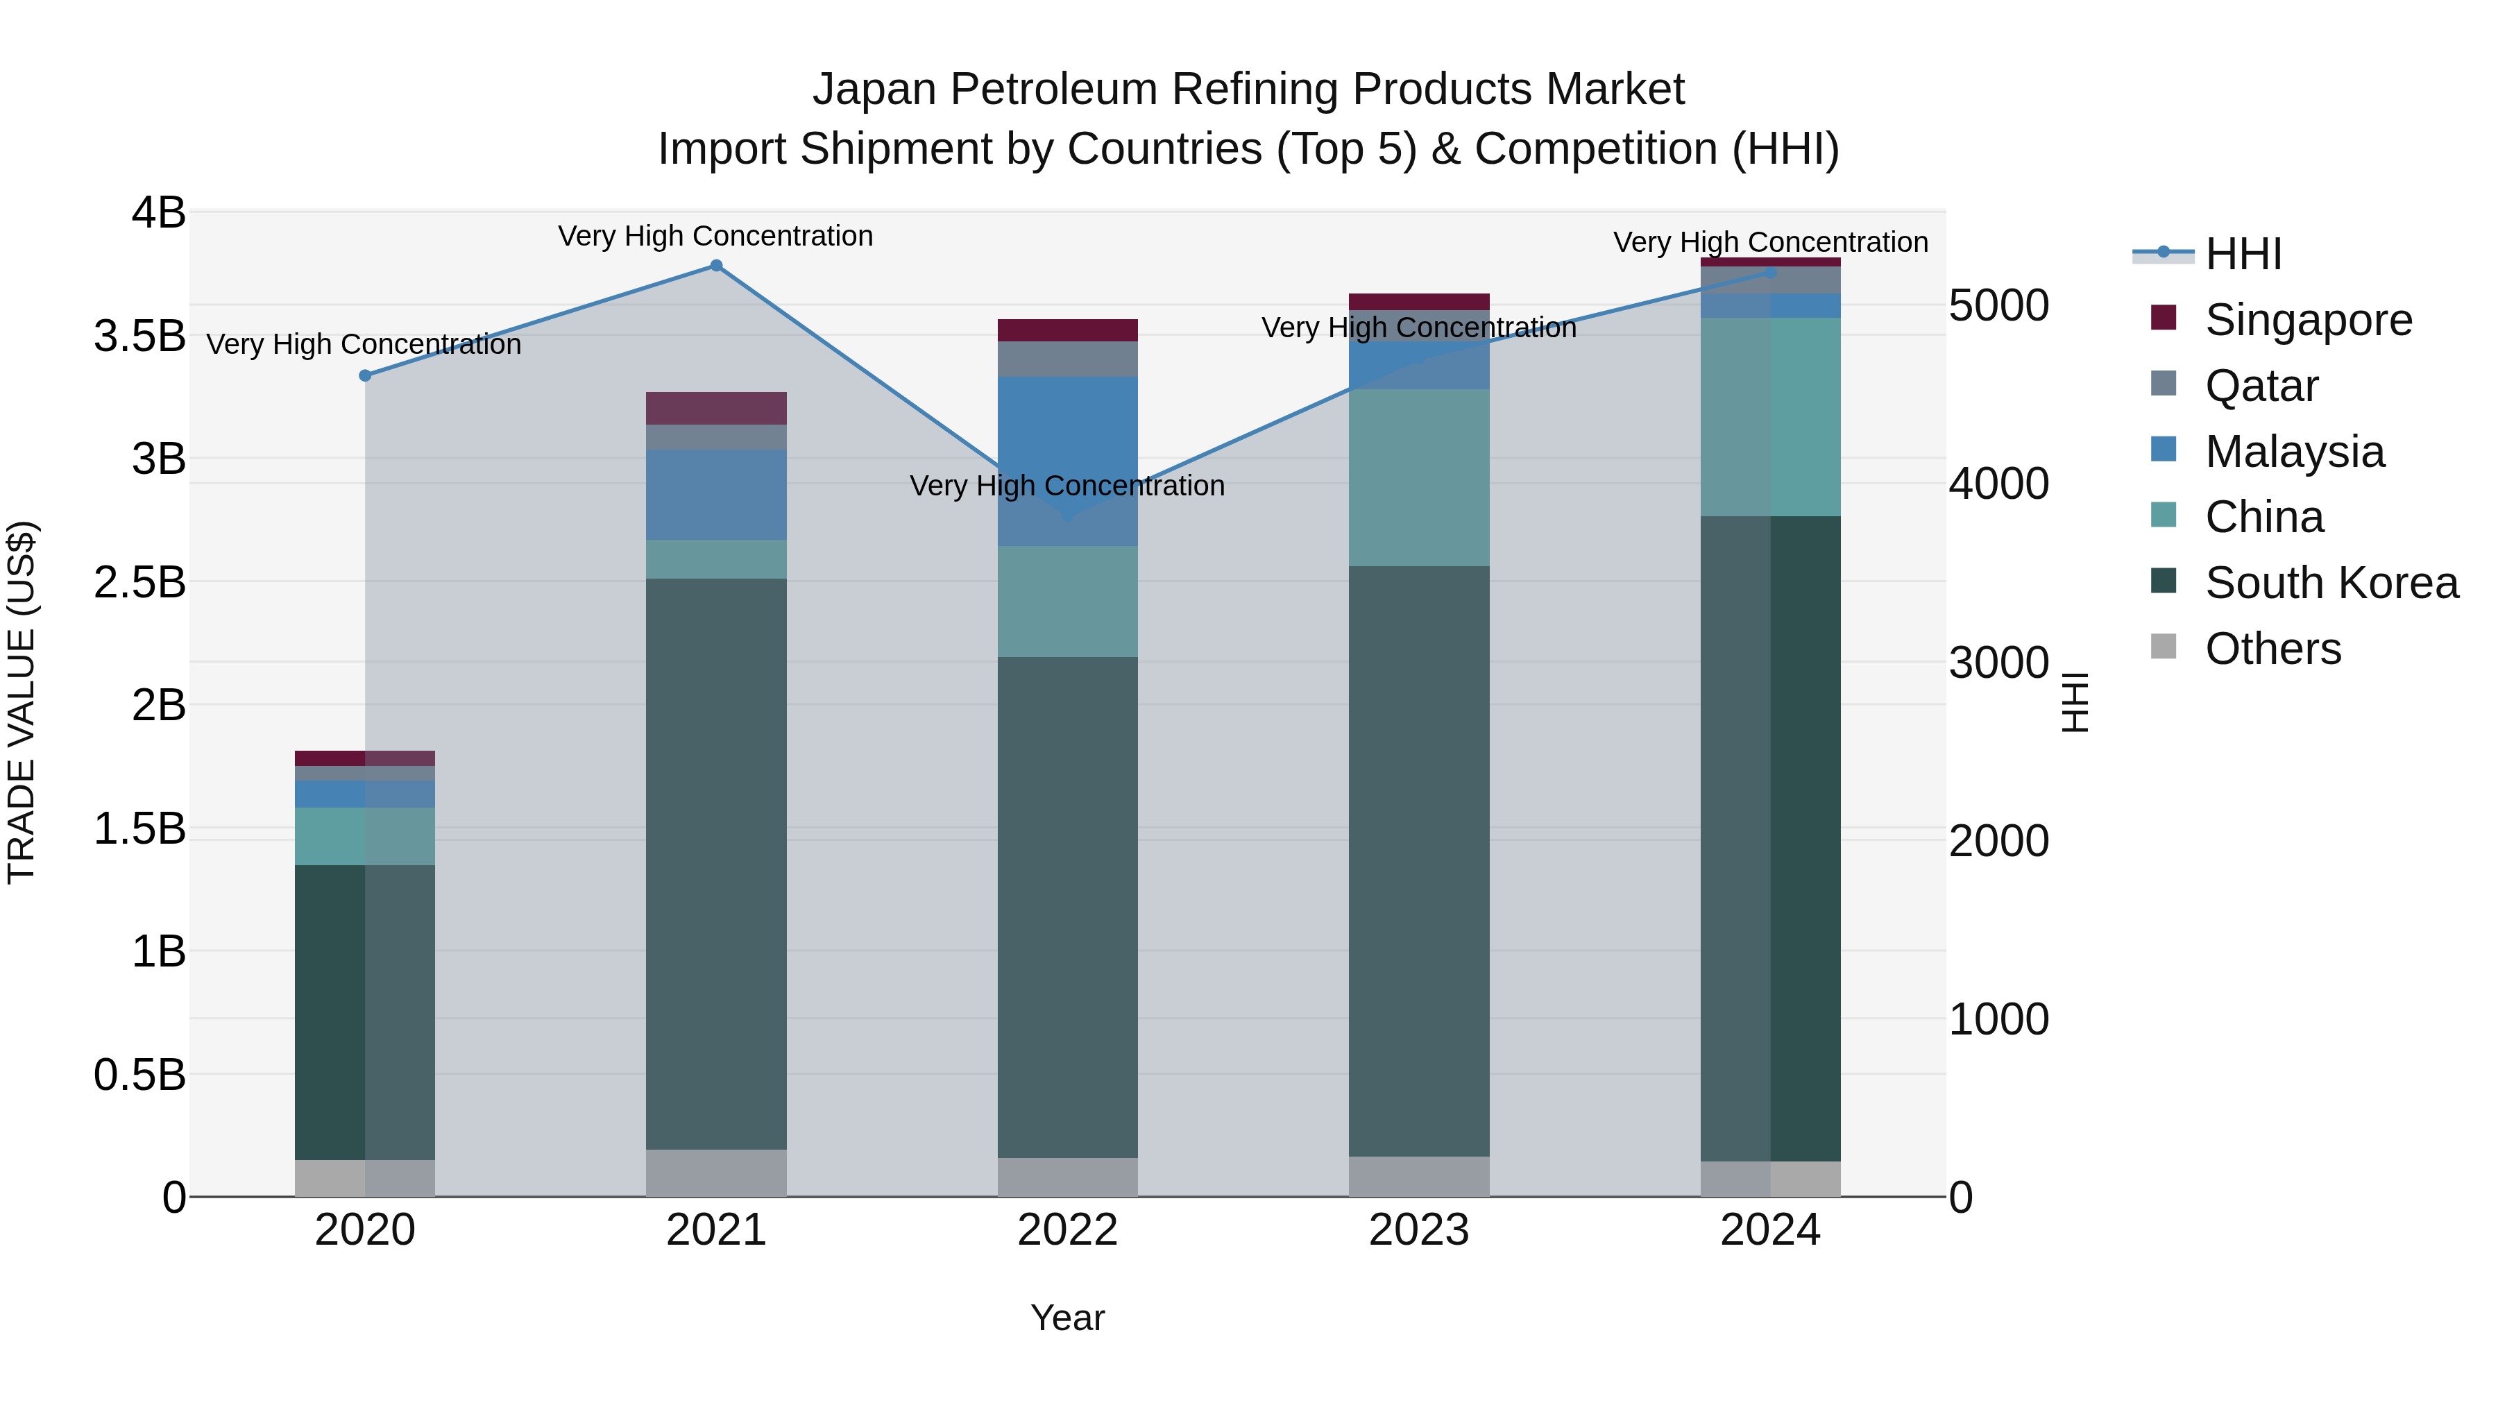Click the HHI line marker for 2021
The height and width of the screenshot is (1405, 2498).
[715, 266]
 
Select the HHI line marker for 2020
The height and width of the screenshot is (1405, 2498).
[364, 375]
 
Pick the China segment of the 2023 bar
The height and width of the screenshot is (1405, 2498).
[1419, 477]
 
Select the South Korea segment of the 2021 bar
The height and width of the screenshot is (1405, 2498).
[715, 863]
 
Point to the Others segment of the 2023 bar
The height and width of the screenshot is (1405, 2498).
[1419, 1176]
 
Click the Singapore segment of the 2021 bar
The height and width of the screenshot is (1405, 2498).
[715, 408]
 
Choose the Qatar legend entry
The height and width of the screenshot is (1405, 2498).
[2261, 386]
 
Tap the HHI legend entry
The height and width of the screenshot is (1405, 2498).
[2242, 254]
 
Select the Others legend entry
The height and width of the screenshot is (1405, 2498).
[2272, 649]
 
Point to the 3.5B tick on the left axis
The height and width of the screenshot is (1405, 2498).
[139, 337]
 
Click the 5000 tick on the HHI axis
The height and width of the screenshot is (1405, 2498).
[1998, 305]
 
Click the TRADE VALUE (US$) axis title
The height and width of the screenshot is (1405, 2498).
[22, 702]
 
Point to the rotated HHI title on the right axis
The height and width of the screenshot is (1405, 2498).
[2074, 702]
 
